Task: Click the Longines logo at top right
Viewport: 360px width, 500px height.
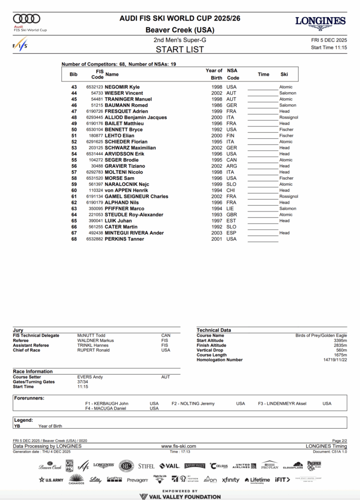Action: coord(320,21)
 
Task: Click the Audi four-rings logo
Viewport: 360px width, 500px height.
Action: coord(26,19)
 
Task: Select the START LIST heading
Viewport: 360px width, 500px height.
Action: coord(180,49)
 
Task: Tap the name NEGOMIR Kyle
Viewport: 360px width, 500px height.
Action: coord(122,87)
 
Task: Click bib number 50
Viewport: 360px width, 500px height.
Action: coord(74,129)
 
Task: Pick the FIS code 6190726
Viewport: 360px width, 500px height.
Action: coord(95,111)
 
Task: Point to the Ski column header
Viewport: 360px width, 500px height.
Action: coord(284,74)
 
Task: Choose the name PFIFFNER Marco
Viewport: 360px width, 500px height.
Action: coord(125,208)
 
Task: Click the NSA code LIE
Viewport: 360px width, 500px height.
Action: coord(231,208)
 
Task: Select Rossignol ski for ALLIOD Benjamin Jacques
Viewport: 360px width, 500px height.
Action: coord(289,117)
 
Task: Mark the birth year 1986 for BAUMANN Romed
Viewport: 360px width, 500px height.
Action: coord(217,105)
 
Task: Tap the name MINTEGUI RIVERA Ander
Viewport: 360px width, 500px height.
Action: coord(134,233)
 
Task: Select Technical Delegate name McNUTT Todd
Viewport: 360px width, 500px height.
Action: coord(91,335)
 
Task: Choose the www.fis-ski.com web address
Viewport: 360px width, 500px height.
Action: coord(178,446)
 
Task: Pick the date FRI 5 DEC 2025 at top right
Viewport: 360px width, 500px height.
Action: coord(329,40)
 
